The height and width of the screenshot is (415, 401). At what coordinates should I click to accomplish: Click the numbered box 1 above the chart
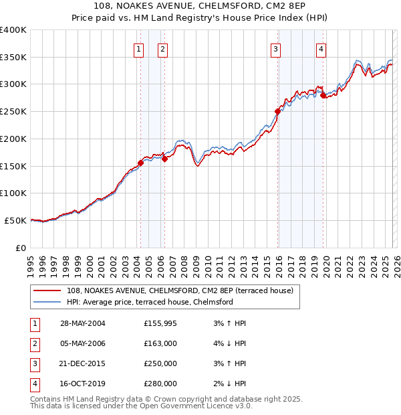point(138,48)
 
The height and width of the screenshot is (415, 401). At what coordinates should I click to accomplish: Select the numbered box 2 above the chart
point(162,48)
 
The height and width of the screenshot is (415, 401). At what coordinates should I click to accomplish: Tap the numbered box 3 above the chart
point(275,48)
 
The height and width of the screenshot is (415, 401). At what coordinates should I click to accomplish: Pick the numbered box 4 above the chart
point(321,48)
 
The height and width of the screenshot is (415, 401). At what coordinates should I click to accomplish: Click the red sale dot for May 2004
point(140,163)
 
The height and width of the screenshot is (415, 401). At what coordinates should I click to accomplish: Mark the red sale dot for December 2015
point(277,111)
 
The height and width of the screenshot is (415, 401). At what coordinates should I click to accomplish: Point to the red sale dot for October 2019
point(323,95)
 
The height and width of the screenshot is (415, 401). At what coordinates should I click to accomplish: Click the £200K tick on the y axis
point(13,139)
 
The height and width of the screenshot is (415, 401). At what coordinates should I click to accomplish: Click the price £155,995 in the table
point(160,323)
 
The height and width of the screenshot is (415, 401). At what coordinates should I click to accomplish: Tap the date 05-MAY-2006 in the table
point(83,343)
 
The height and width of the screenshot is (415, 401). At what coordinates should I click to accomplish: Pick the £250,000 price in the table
point(160,363)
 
